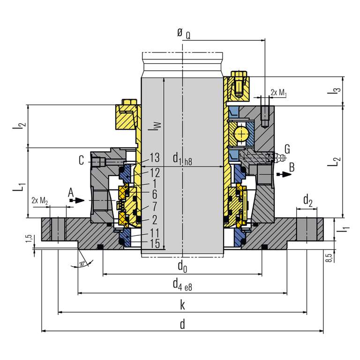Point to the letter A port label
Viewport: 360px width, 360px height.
[x=71, y=192]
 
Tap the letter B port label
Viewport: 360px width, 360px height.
[x=292, y=166]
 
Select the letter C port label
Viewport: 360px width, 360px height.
[x=82, y=161]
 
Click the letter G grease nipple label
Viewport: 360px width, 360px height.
[x=287, y=150]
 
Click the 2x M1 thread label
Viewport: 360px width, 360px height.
[x=278, y=93]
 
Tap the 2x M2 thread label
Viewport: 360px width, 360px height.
[x=39, y=201]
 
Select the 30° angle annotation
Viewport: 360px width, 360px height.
[x=83, y=264]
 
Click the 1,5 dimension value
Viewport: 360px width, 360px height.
[x=29, y=239]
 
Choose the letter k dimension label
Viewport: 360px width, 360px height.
[x=182, y=306]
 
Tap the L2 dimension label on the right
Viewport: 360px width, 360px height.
[x=334, y=162]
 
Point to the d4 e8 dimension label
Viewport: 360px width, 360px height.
[x=182, y=285]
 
